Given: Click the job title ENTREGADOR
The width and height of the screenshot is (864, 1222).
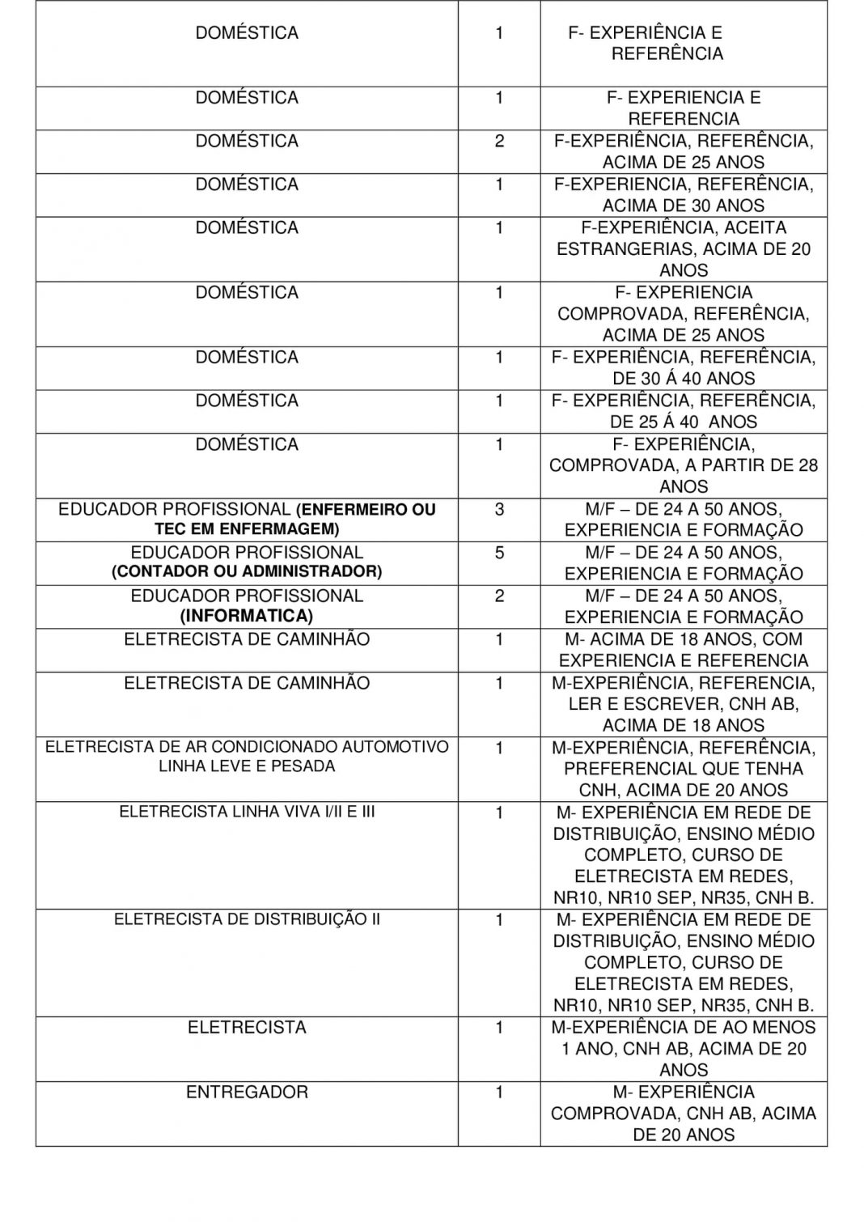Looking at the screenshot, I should point(247,1092).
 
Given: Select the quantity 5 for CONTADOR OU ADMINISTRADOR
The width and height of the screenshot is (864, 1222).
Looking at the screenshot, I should point(499,553).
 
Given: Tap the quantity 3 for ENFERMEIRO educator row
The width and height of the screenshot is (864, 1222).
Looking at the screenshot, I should point(499,509).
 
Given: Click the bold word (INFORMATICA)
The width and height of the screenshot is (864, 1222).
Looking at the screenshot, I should point(247,616).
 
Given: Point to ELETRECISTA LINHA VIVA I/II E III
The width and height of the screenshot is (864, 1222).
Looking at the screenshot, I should point(247,811).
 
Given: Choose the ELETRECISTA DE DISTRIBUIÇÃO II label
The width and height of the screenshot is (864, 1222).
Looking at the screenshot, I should point(247,919).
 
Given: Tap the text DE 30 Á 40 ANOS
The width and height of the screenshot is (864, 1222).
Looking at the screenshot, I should point(684,378).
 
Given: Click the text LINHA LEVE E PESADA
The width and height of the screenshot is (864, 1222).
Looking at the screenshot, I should point(247,766).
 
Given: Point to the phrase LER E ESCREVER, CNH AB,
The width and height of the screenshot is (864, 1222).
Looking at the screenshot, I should point(684,703).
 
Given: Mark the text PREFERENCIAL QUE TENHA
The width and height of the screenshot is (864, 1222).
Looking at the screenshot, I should point(684,768).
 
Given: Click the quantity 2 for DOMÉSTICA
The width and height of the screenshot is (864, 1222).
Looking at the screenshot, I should point(499,141).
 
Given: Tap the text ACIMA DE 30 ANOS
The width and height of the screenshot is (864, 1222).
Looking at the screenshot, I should point(684,206).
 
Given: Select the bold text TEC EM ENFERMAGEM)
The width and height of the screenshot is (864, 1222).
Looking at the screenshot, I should point(247,529).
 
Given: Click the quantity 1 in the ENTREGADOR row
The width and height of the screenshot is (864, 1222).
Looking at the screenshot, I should point(499,1093).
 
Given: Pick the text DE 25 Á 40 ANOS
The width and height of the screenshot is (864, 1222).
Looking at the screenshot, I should point(684,422).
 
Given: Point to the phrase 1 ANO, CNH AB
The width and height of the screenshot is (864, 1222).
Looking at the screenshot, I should point(624,1049).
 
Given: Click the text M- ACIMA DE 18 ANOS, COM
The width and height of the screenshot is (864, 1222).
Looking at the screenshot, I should point(684,639).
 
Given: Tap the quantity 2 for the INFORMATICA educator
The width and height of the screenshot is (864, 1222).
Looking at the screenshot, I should point(499,596).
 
